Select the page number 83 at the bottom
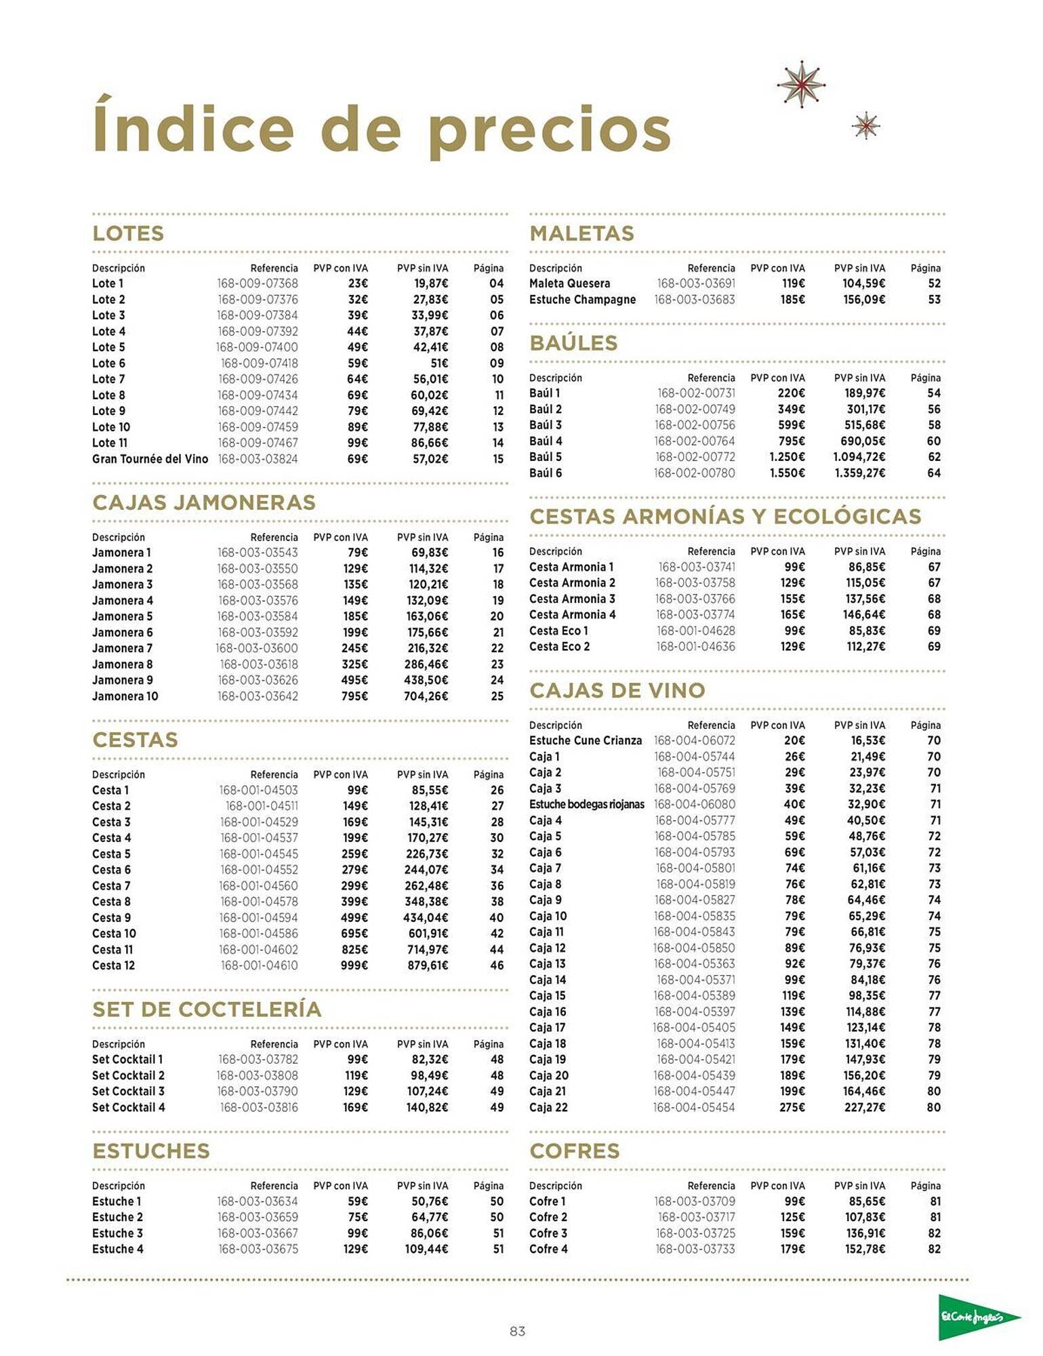(x=517, y=1331)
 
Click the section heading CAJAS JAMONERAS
(x=204, y=502)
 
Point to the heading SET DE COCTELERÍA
(x=207, y=1009)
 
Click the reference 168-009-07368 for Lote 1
(x=257, y=283)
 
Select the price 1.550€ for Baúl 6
(x=787, y=473)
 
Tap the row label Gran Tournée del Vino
(x=150, y=459)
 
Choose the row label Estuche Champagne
(x=582, y=300)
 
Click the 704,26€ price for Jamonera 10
(x=426, y=696)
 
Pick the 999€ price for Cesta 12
(x=354, y=965)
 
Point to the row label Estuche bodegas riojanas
(x=586, y=804)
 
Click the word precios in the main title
(x=549, y=130)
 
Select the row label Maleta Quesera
(x=569, y=283)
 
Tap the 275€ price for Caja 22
(x=792, y=1107)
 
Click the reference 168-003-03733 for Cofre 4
(x=695, y=1249)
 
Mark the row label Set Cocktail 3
(x=128, y=1091)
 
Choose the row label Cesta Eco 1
(x=558, y=631)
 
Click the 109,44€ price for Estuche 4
(x=426, y=1249)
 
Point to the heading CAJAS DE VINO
(x=617, y=690)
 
